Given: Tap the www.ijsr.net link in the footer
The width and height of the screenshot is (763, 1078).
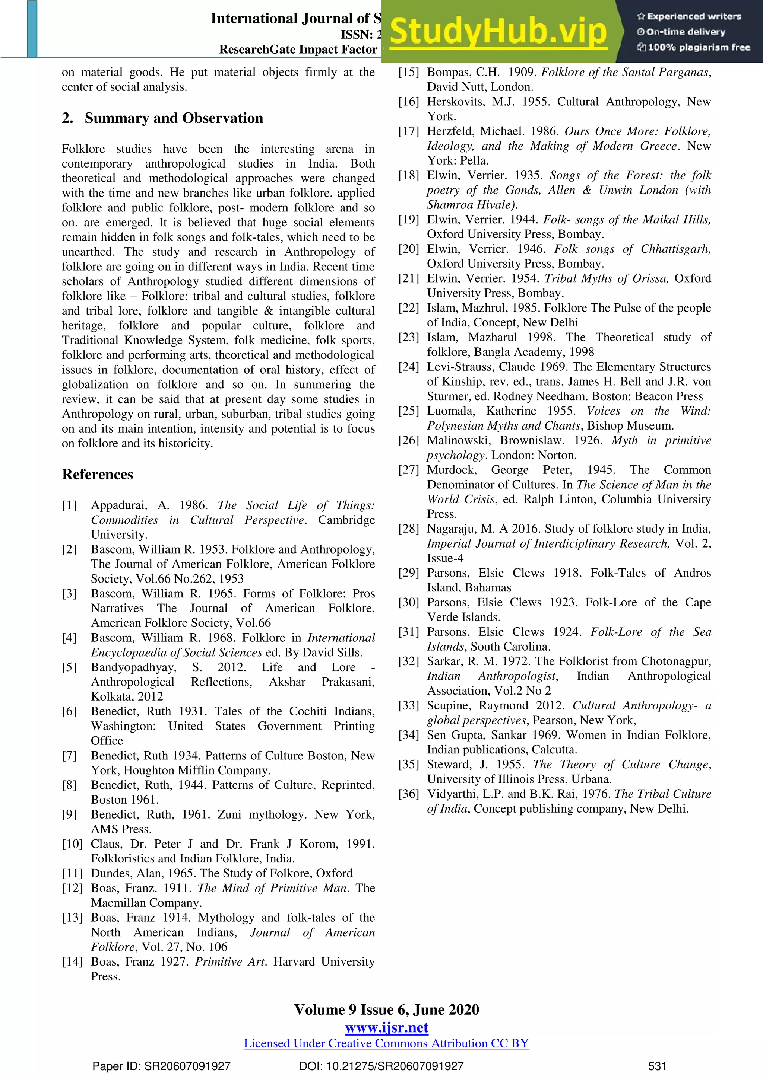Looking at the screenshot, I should tap(386, 1027).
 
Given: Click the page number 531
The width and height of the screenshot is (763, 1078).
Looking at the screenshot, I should tap(657, 1066).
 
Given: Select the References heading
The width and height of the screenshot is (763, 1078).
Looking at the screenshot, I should tap(98, 474).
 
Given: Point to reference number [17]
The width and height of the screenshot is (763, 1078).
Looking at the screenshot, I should tap(408, 131).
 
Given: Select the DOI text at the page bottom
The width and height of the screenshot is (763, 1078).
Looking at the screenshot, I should tap(381, 1066).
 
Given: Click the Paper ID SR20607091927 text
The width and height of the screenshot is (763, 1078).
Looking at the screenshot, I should tap(161, 1066).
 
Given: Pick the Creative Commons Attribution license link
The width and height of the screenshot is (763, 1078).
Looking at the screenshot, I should tap(386, 1043).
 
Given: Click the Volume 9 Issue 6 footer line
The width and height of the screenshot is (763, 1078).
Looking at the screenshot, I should tap(386, 1010).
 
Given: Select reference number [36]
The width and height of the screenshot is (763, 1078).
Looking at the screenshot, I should tap(408, 794).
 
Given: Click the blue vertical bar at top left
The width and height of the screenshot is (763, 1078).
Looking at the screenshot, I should tap(32, 29).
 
